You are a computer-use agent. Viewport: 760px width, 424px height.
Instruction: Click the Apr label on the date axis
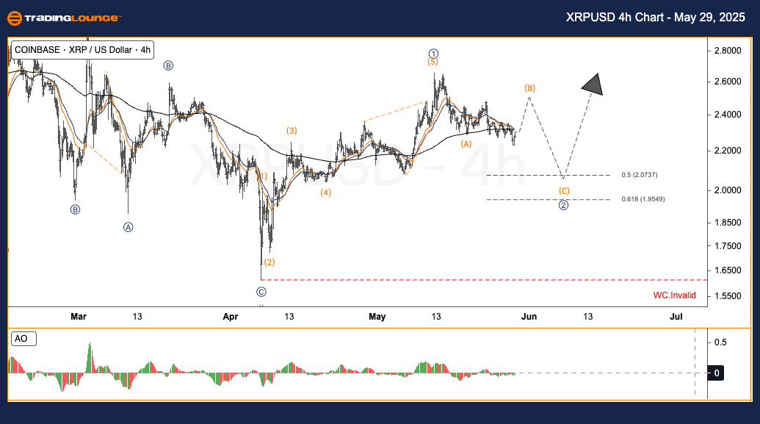pos(231,317)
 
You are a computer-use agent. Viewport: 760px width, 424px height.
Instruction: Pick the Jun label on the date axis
pos(529,317)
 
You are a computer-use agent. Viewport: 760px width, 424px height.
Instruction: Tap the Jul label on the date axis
pos(676,317)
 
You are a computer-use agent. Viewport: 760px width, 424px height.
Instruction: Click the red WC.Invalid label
pos(674,295)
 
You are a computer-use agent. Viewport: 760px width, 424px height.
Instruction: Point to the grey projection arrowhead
pos(593,85)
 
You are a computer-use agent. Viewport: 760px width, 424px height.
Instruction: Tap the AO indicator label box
pos(23,339)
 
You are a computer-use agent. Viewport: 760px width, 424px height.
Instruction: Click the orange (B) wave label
pos(529,88)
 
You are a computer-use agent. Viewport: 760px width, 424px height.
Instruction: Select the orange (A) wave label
pos(466,144)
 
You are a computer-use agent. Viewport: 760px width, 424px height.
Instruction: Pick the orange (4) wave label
pos(325,193)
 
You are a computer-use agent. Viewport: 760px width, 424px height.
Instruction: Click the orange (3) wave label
pos(292,131)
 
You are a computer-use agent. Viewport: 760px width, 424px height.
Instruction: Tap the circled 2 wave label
pos(563,205)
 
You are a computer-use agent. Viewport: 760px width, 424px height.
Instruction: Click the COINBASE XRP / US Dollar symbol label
pos(80,50)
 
